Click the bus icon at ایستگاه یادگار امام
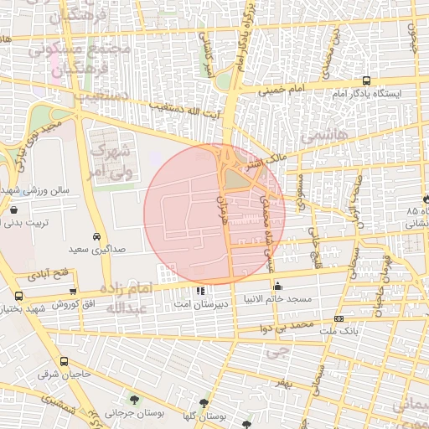(366, 81)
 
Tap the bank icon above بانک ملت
(339, 318)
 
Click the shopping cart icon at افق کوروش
(74, 291)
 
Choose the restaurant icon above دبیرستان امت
(199, 291)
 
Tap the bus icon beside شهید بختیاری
(18, 296)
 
